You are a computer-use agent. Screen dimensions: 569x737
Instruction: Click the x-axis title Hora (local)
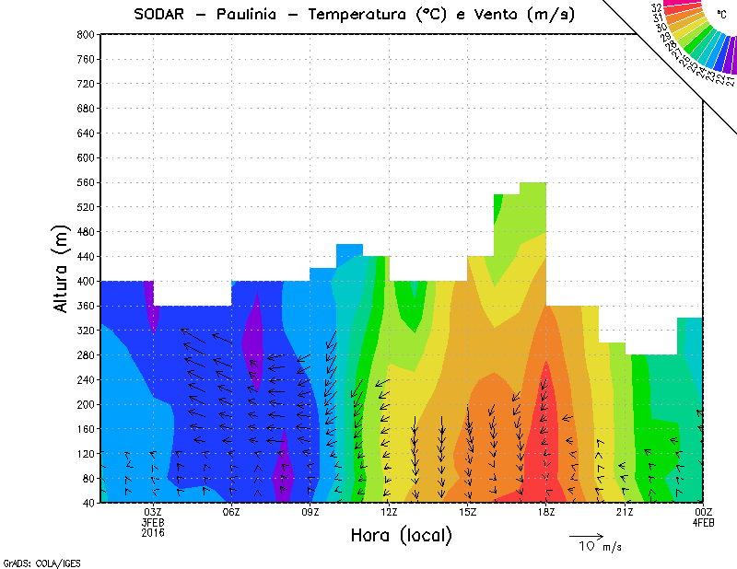tap(401, 535)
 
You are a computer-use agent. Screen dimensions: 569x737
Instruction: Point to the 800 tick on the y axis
tap(86, 34)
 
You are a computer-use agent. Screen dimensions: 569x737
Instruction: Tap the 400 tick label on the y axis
tap(86, 281)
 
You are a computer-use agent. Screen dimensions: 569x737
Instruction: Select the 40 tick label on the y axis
tap(88, 503)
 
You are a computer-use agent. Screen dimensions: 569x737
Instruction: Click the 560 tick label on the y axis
tap(86, 182)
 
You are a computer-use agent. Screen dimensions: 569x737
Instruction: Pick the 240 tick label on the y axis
tap(86, 379)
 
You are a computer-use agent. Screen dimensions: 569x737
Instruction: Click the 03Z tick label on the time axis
tap(153, 512)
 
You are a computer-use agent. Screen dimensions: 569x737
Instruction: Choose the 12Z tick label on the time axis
tap(389, 512)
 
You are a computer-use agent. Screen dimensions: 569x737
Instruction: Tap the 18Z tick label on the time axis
tap(546, 512)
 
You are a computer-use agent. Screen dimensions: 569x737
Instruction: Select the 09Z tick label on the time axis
tap(310, 512)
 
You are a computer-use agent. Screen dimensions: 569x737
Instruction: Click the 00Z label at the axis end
tap(704, 512)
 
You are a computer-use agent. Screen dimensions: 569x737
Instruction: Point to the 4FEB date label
tap(704, 522)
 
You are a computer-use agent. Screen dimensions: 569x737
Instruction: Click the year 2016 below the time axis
tap(153, 532)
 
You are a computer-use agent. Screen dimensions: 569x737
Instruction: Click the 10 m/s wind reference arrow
tap(586, 535)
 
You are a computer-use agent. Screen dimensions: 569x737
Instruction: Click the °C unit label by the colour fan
tap(721, 14)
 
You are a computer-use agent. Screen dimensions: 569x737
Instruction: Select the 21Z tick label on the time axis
tap(625, 512)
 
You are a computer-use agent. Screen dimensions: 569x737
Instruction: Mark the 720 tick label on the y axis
tap(86, 84)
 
